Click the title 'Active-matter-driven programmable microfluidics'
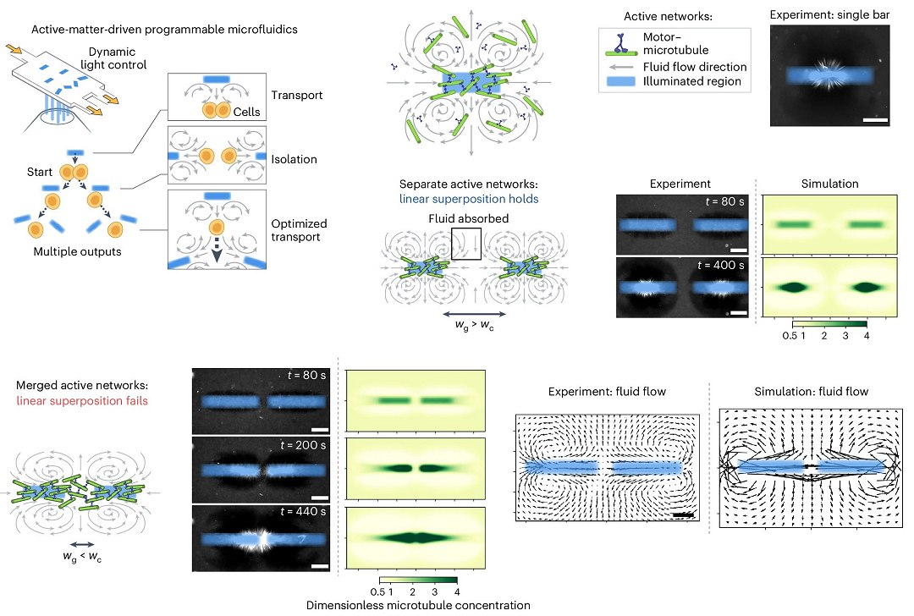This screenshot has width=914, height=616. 164,29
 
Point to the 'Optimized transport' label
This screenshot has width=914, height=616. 300,231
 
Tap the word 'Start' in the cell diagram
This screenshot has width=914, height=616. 40,173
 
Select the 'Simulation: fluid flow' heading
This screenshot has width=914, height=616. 809,391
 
